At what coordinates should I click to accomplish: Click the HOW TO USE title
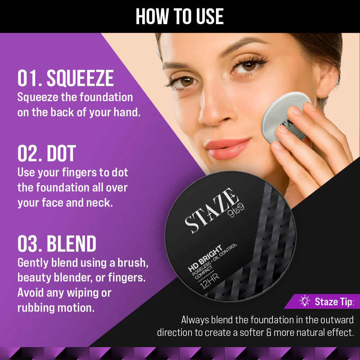(x=180, y=16)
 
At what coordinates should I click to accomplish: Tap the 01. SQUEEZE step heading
(x=66, y=78)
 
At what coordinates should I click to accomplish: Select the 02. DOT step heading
(x=46, y=153)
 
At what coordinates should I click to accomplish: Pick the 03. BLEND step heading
(x=57, y=243)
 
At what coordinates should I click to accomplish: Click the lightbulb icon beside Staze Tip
(x=305, y=301)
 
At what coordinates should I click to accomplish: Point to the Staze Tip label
(x=334, y=302)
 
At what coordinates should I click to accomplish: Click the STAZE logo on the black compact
(x=211, y=210)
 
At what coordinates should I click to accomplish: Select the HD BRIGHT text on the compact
(x=205, y=258)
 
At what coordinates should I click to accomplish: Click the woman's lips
(x=227, y=148)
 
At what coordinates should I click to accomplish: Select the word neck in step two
(x=99, y=203)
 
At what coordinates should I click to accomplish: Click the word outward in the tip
(x=337, y=320)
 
